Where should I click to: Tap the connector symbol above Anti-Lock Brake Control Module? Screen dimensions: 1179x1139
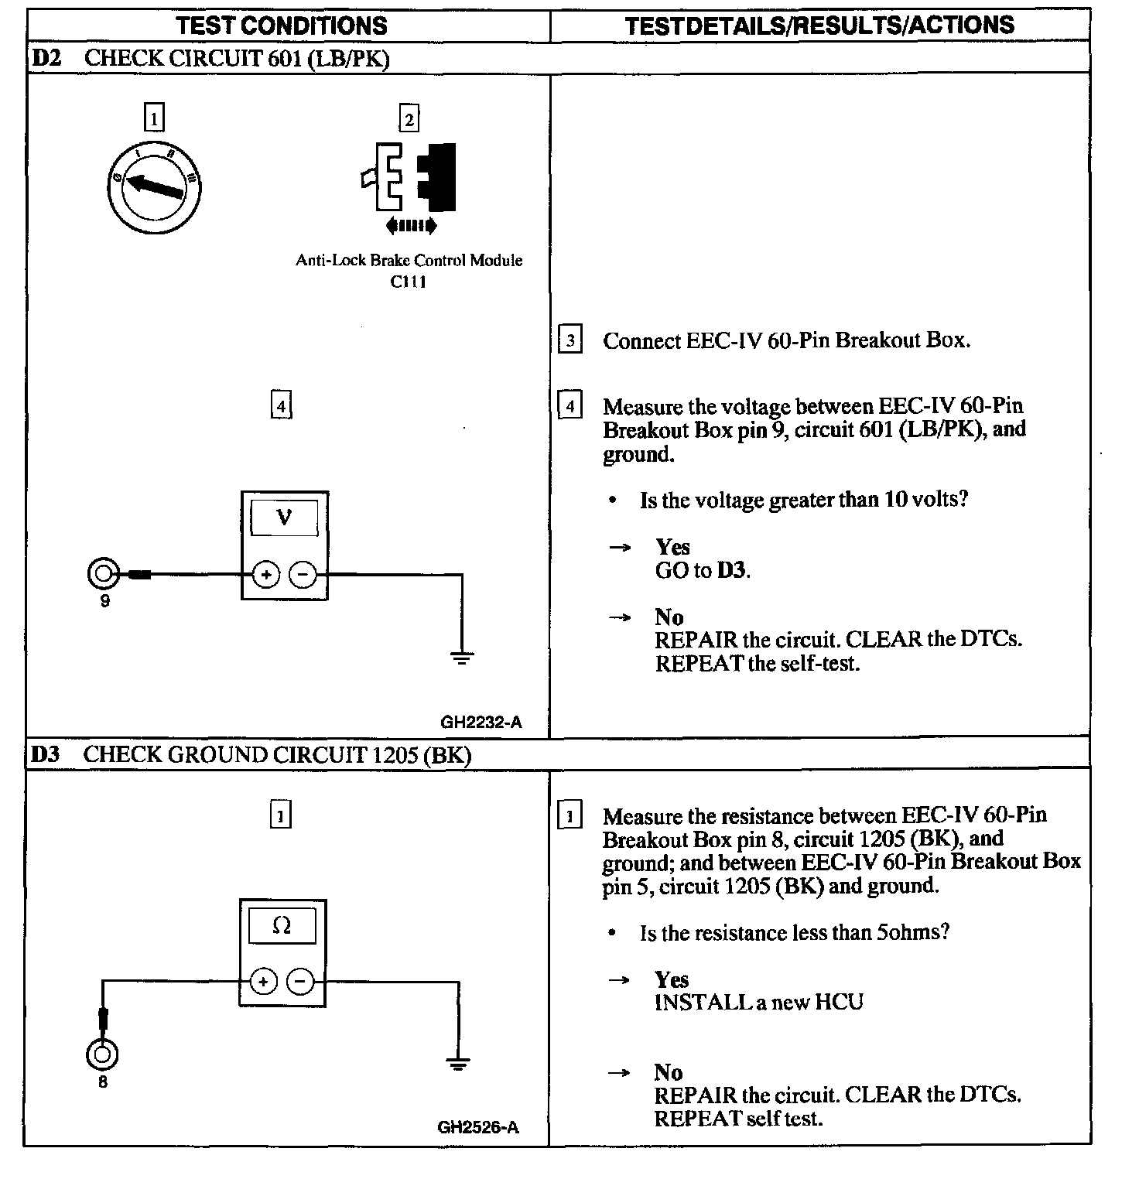point(409,178)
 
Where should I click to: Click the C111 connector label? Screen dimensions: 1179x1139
point(408,282)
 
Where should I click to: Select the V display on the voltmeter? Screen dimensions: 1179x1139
point(284,518)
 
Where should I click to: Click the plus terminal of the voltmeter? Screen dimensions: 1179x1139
point(265,575)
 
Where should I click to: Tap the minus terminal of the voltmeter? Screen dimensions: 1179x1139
point(303,575)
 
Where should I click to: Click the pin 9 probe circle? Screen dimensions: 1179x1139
point(103,575)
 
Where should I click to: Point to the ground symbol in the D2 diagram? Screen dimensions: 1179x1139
point(462,658)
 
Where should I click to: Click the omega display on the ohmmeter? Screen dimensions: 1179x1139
point(282,925)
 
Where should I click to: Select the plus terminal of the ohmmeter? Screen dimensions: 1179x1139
point(263,982)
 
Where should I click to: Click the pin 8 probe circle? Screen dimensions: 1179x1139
point(102,1054)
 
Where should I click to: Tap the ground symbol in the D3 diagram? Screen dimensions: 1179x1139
point(458,1064)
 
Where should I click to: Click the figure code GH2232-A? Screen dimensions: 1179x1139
point(481,723)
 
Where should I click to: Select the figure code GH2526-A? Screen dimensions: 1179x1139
point(478,1127)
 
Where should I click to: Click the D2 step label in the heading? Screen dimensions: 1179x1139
point(46,58)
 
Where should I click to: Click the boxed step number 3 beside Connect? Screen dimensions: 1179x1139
point(569,340)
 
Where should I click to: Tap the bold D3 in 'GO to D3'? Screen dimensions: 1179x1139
point(731,571)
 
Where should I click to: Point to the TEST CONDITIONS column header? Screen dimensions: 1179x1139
point(282,26)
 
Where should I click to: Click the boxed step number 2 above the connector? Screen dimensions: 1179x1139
point(409,118)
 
